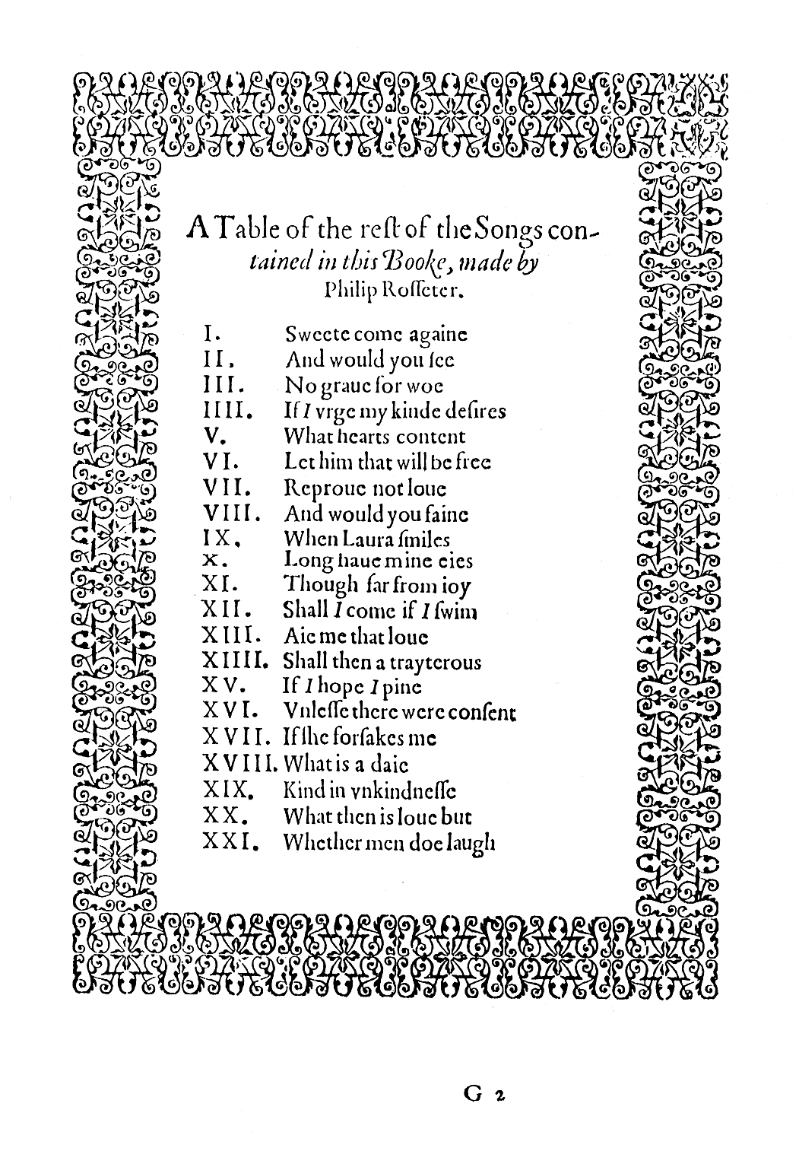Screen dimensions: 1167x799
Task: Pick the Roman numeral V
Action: (213, 437)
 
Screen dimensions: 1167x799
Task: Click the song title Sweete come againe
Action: (376, 334)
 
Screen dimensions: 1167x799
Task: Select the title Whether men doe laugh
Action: (389, 843)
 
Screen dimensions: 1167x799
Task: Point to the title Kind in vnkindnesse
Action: (369, 791)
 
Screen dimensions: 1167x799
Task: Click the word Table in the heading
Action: (241, 227)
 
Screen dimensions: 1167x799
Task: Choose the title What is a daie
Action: (346, 764)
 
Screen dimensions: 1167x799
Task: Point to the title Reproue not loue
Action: (365, 488)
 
